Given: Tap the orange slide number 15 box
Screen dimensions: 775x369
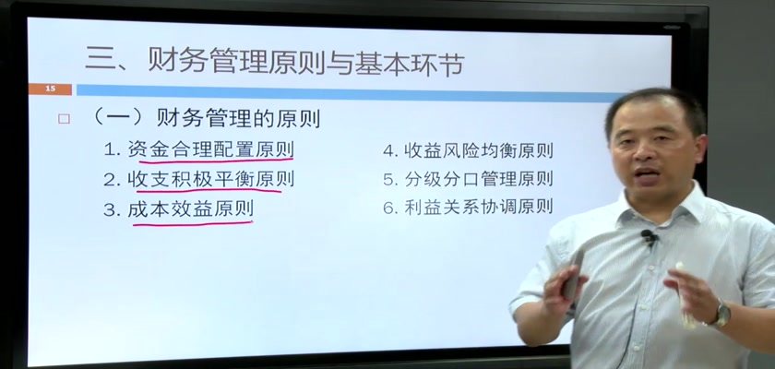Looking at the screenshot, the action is click(x=50, y=89).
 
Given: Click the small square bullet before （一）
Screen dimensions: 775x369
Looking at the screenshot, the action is click(x=64, y=119).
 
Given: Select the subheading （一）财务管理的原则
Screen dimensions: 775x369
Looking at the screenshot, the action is click(x=207, y=119).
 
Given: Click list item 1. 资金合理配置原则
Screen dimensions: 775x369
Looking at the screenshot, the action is click(x=198, y=149).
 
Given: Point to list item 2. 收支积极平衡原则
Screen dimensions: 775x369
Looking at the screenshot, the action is click(x=198, y=178).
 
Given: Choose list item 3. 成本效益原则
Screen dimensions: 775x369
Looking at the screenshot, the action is click(x=178, y=209).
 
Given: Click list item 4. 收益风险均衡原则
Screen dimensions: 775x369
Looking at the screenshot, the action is click(x=468, y=150).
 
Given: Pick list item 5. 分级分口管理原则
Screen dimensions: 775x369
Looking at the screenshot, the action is click(x=468, y=178).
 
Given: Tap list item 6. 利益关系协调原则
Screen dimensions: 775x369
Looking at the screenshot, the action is click(x=468, y=207).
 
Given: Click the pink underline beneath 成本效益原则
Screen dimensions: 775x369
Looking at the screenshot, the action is click(x=193, y=224).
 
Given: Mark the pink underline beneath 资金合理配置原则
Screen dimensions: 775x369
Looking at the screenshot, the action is click(x=216, y=160).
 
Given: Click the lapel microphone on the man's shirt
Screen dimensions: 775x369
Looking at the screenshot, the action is click(x=650, y=237).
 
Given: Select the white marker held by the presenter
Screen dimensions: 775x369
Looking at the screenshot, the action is click(x=683, y=295).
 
